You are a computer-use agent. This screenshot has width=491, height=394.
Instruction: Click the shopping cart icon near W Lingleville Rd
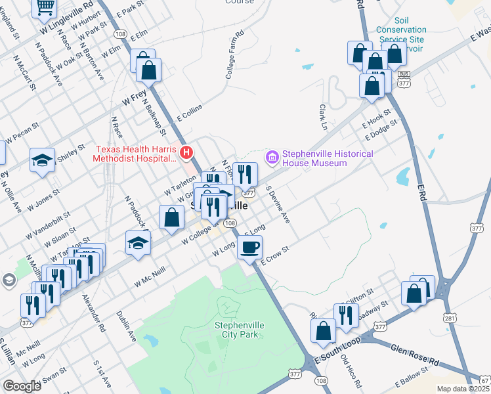(x=45, y=7)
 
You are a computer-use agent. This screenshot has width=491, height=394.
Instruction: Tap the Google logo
(x=22, y=386)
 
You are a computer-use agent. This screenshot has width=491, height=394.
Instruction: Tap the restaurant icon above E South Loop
(x=345, y=315)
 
